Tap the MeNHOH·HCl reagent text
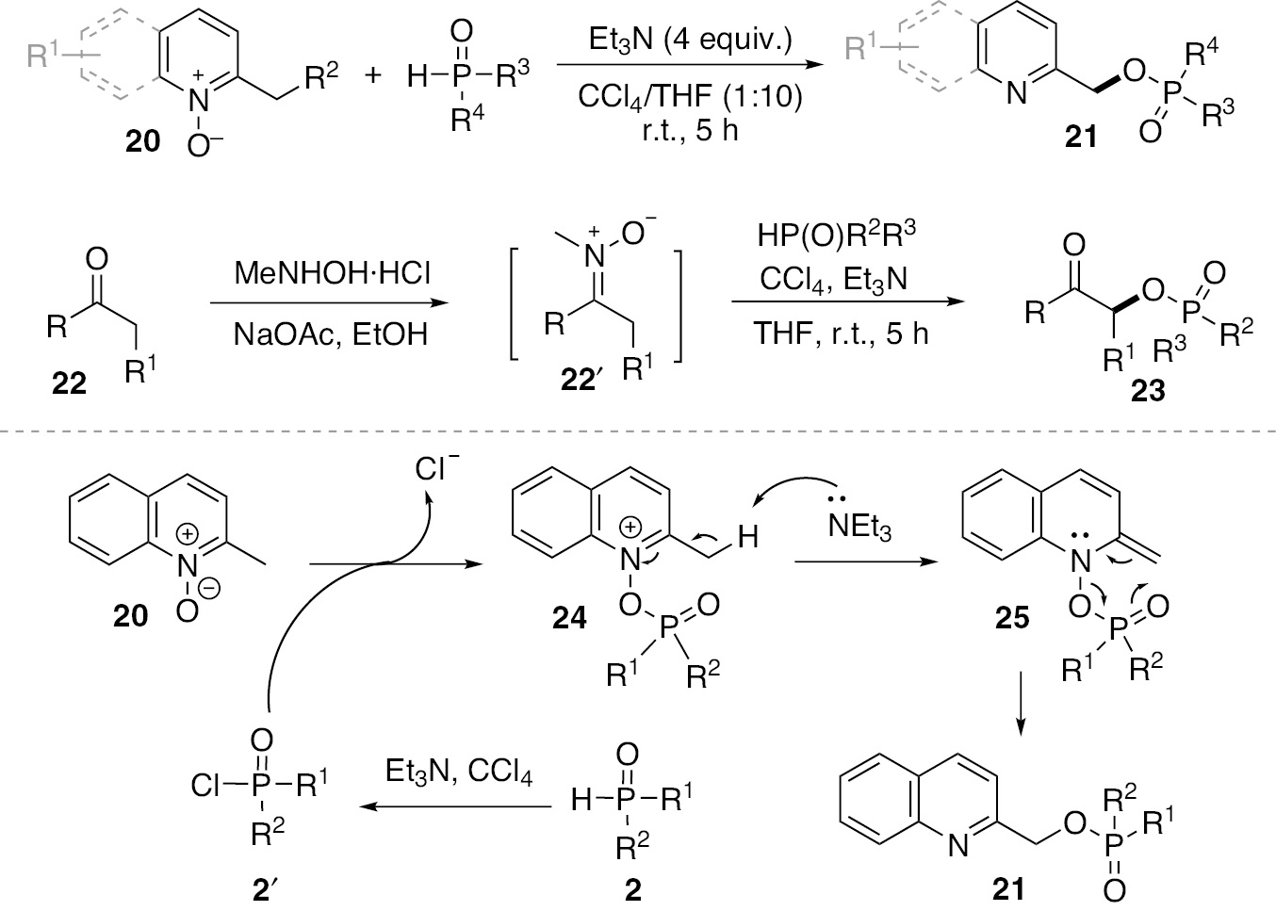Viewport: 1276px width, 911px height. [x=332, y=274]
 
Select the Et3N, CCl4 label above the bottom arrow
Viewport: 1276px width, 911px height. [x=459, y=773]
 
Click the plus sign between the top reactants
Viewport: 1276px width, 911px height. [x=374, y=75]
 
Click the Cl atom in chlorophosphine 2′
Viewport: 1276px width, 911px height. [x=205, y=785]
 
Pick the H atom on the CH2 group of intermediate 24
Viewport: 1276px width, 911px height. [x=747, y=538]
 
